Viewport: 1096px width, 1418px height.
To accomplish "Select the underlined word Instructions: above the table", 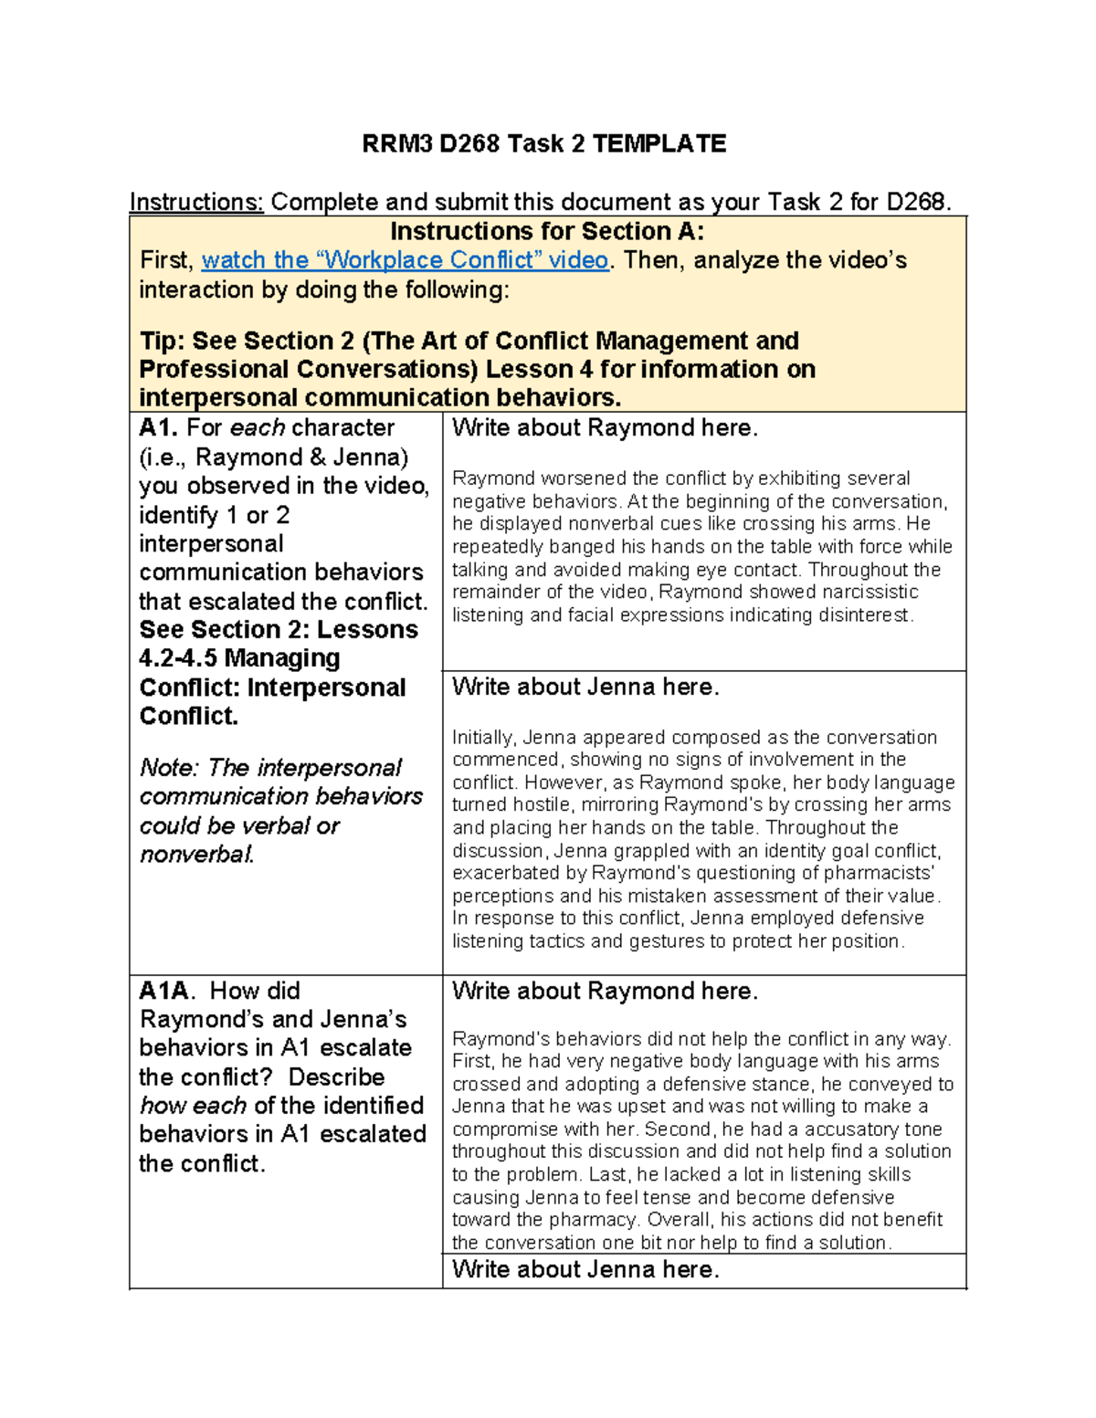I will [196, 202].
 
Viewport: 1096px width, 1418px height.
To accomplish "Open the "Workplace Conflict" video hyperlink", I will [405, 260].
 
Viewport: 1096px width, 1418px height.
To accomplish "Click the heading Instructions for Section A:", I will [547, 231].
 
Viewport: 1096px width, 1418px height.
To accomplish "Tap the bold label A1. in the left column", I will [159, 427].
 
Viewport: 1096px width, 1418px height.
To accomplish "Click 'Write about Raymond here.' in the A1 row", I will [605, 427].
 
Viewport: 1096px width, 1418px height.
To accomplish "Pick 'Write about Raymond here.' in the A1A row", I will [605, 991].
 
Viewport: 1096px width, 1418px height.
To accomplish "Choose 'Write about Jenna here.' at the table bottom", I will [585, 1269].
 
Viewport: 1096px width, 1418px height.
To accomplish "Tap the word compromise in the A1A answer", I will [505, 1129].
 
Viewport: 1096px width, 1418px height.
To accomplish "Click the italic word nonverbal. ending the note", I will [196, 855].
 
